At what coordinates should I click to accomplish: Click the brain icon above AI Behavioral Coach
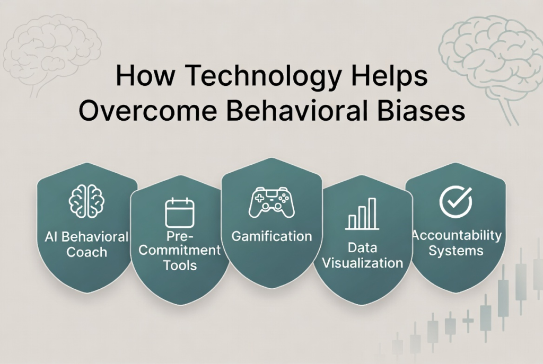point(86,201)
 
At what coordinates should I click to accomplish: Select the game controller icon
point(272,202)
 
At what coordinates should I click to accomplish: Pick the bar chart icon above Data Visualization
point(362,214)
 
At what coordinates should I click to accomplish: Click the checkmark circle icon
point(456,202)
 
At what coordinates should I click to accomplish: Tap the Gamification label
point(272,236)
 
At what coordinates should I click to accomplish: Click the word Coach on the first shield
point(86,252)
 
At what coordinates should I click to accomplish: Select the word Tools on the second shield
point(180,265)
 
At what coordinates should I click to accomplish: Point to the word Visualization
point(363,263)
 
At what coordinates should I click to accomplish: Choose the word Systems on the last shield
point(456,251)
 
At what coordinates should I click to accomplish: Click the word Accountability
point(457,235)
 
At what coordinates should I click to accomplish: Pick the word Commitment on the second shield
point(180,250)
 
